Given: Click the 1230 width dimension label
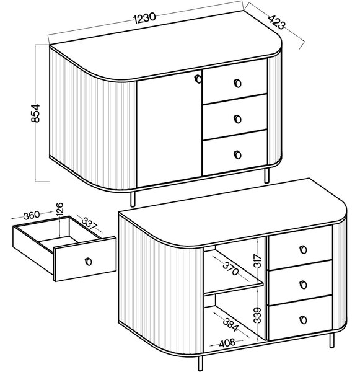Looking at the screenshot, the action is pos(144,18).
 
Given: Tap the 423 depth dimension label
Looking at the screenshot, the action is pos(277,22).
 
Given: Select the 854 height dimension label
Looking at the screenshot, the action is pos(35,113).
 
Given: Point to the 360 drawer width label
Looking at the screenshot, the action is pos(32,215).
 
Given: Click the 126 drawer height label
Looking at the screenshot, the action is pos(60,208).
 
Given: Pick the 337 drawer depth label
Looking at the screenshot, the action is pos(89,223).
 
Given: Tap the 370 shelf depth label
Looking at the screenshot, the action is pos(230,268).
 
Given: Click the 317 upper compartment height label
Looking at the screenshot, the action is pos(257,260).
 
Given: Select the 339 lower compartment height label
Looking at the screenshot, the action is pos(257,315).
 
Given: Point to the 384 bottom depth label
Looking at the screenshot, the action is pos(230,324).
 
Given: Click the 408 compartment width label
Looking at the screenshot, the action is pos(227,343).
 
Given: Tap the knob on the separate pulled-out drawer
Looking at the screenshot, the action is pos(88,261).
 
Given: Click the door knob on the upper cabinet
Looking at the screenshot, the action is pos(198,79).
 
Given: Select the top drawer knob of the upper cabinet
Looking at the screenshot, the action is pos(237,83).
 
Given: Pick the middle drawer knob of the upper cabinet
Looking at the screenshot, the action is pos(237,119).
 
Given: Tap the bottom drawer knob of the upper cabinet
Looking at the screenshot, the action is pos(237,154).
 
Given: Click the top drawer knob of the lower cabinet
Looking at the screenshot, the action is pos(303,249).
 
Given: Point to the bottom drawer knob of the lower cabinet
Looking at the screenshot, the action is pos(303,319).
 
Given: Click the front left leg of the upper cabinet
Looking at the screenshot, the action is pos(133,198).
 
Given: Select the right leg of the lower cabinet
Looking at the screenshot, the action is pos(331,340).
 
